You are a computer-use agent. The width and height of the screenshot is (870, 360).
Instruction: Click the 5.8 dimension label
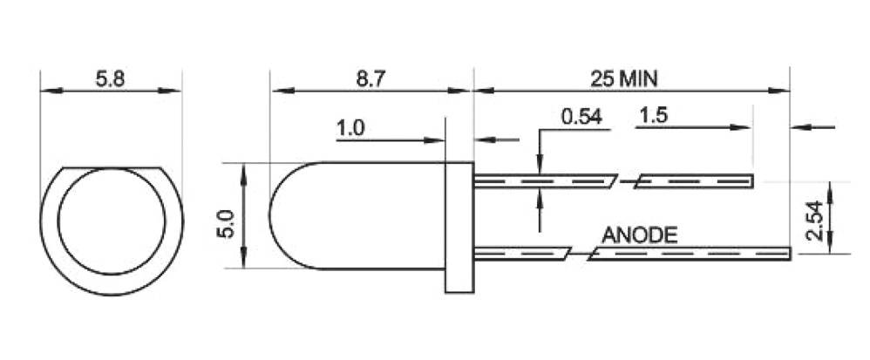click(111, 78)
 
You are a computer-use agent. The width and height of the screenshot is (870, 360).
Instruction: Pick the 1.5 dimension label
click(654, 116)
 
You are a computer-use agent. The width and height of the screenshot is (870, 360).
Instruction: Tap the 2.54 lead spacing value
click(812, 219)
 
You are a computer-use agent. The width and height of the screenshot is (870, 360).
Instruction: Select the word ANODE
click(639, 234)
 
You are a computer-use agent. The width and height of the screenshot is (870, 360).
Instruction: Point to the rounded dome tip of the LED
click(271, 215)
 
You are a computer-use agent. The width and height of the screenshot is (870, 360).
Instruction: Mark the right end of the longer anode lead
click(788, 254)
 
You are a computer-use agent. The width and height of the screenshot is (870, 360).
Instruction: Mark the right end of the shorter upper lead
click(751, 181)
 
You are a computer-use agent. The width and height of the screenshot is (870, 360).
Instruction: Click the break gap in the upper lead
click(626, 181)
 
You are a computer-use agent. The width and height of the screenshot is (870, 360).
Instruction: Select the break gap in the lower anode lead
click(580, 254)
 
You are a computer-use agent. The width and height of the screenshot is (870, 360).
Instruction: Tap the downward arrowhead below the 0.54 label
click(540, 165)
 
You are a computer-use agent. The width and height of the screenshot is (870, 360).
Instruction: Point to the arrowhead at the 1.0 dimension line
click(439, 139)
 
